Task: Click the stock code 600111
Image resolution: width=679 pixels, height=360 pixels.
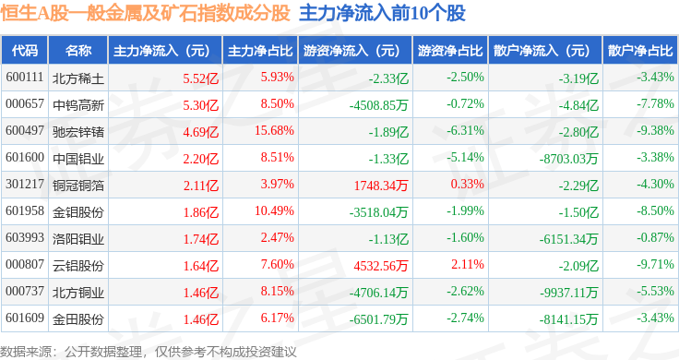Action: click(25, 78)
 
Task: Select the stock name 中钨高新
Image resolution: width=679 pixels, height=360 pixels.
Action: click(78, 105)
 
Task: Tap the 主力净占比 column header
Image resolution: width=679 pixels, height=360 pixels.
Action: click(260, 51)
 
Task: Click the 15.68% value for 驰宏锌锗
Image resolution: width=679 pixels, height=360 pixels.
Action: click(274, 130)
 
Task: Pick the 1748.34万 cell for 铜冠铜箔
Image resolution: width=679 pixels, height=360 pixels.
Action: click(381, 186)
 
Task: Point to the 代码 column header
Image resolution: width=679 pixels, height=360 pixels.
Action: click(25, 51)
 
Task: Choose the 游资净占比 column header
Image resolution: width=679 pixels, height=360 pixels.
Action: click(450, 51)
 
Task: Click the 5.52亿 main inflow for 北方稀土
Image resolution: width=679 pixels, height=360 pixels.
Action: click(201, 78)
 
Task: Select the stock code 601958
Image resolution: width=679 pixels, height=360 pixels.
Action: click(25, 211)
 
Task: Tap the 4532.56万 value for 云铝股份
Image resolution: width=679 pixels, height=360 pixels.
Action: click(381, 266)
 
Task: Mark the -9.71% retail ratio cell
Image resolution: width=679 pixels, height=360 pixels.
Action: click(655, 264)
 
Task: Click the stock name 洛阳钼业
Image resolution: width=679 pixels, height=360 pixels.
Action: click(78, 239)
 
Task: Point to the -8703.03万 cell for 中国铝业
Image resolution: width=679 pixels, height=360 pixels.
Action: click(568, 159)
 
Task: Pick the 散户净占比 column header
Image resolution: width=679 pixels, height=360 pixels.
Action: click(640, 51)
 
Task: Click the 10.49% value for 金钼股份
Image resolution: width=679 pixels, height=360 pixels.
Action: click(274, 211)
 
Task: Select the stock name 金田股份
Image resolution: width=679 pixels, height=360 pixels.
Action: click(78, 319)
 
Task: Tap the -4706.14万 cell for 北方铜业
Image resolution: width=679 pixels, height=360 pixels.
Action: click(379, 293)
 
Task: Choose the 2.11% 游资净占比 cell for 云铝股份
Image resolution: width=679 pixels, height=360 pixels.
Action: click(468, 264)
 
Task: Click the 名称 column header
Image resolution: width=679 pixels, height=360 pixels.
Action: click(78, 51)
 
